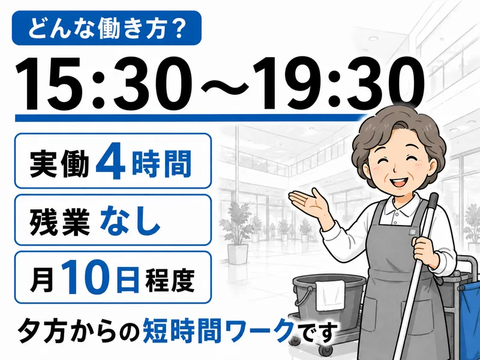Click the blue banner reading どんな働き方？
point(107,28)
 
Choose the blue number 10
point(87,277)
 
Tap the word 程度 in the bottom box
point(170,280)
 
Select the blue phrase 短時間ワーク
point(218,330)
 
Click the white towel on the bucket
point(331,296)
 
